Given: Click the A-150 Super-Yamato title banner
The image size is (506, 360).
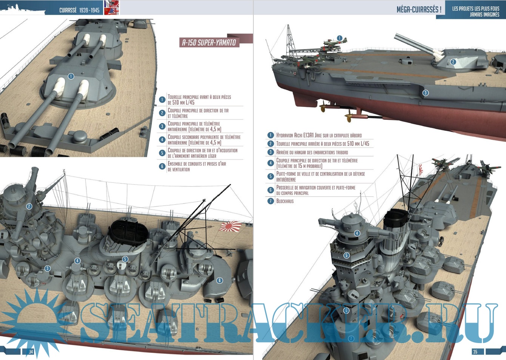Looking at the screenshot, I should tap(209, 42).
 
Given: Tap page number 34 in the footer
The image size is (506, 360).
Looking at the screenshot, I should tap(31, 352).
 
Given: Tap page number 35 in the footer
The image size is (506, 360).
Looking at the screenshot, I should tap(475, 352).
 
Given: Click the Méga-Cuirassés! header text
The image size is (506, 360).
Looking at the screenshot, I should tap(419, 9).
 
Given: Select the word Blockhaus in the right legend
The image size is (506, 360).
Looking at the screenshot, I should tap(285, 201).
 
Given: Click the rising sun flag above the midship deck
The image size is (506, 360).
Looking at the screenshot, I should tap(230, 226).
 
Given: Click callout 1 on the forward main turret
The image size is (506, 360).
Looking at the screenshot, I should tap(71, 76).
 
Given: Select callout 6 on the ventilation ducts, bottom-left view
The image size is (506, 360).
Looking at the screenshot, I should tap(219, 280).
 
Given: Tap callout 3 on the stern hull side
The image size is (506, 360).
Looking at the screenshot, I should tap(426, 93).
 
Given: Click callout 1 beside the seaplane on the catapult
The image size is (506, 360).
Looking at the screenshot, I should tap(339, 38).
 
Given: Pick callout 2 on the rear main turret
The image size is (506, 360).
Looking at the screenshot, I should tap(453, 62).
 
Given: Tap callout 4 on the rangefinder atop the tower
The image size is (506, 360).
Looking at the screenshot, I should tap(357, 233).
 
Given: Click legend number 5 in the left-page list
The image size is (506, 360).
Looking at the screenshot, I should tap(162, 153).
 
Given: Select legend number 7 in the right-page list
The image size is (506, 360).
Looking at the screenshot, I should tap(270, 201).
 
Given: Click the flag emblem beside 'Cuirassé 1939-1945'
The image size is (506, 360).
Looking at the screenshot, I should tap(111, 8).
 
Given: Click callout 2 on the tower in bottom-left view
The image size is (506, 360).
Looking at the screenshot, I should tap(29, 206).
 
